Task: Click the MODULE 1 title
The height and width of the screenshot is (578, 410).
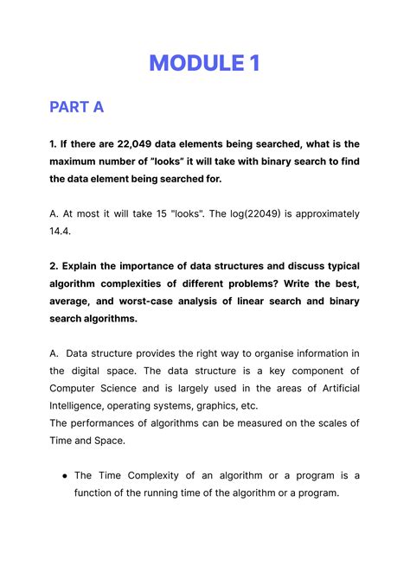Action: click(x=204, y=63)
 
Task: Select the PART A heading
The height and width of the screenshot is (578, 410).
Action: click(x=76, y=107)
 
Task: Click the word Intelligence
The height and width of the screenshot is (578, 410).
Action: click(x=82, y=405)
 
